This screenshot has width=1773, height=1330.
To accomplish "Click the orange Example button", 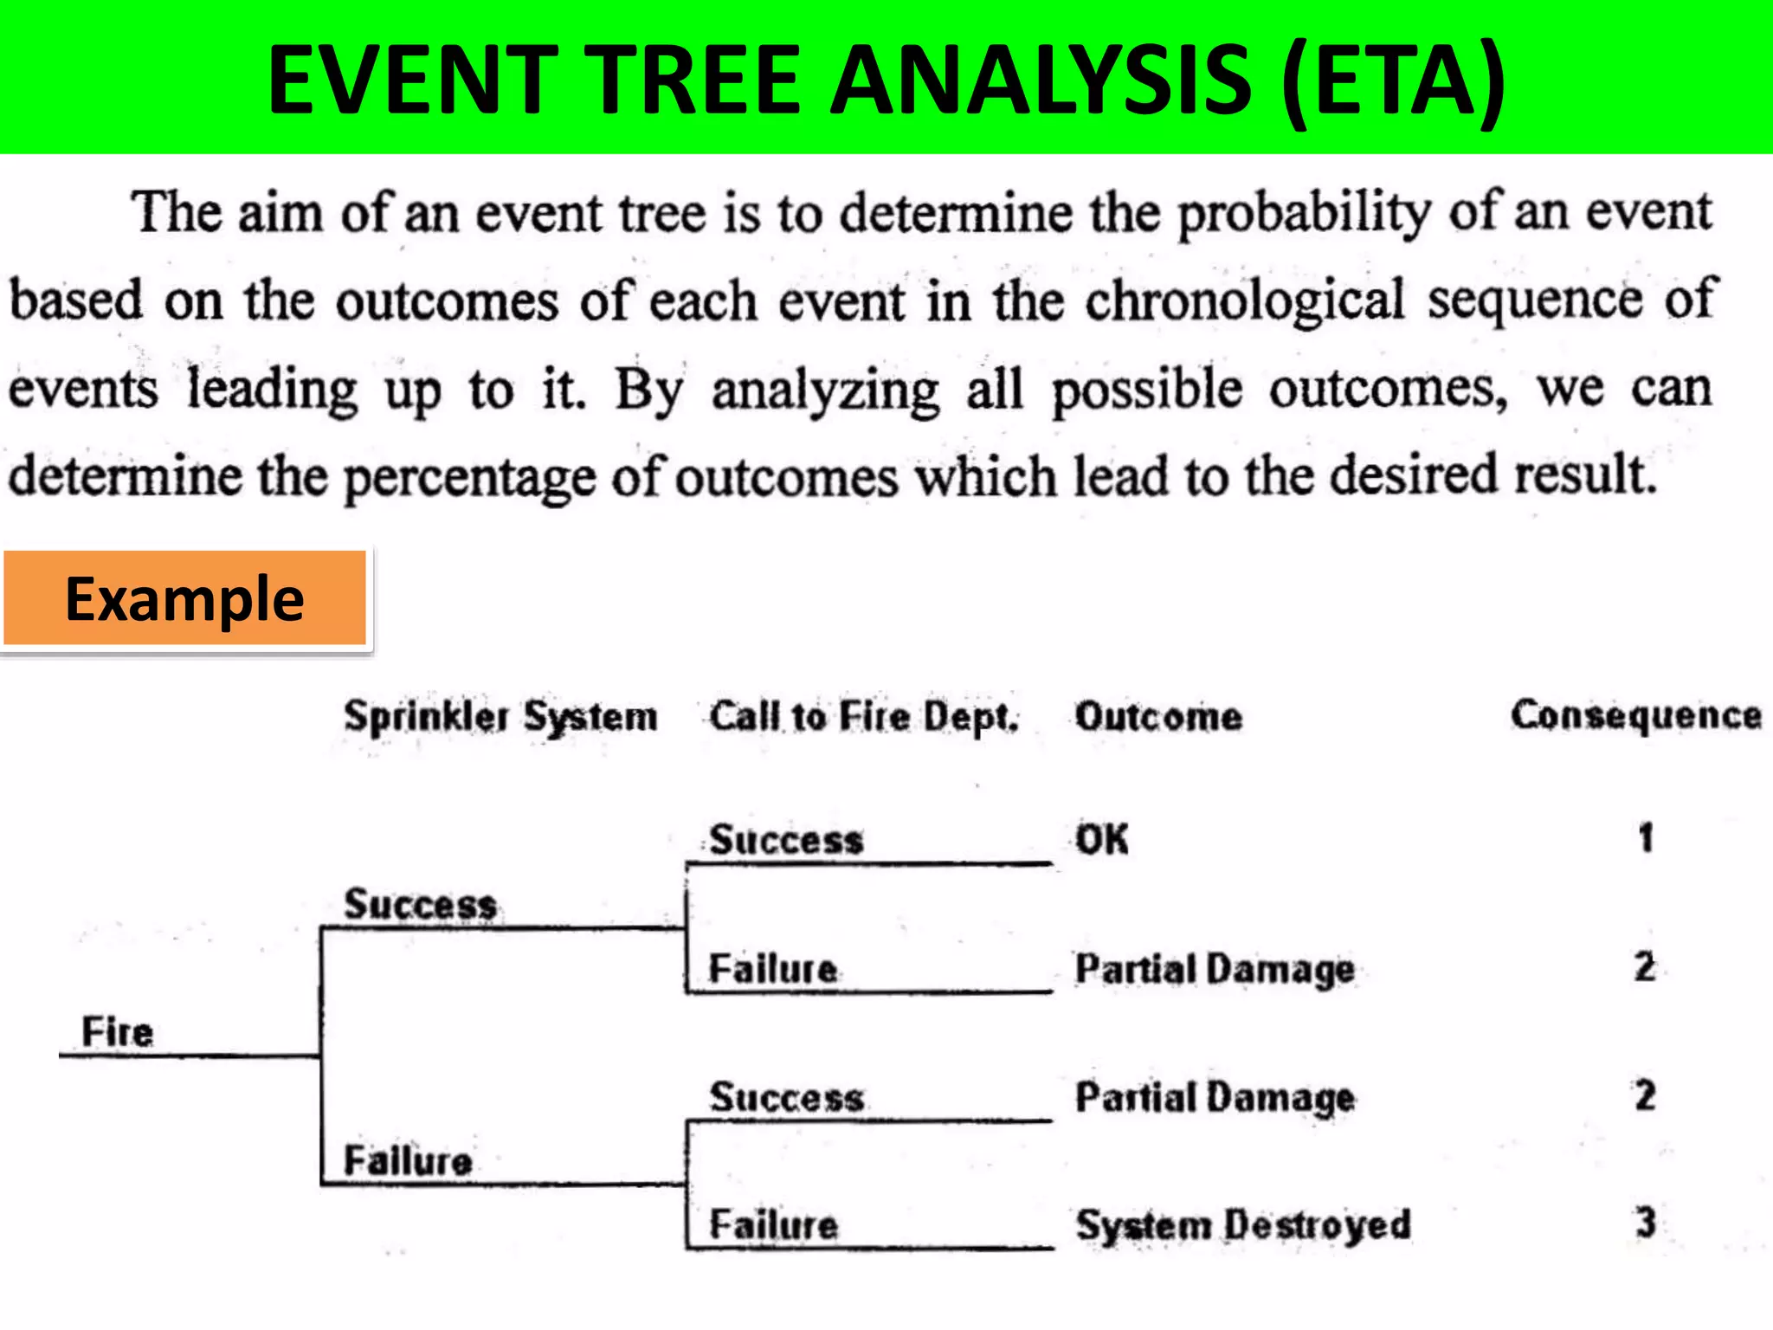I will point(184,598).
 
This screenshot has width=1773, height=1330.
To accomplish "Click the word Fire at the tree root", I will point(117,1031).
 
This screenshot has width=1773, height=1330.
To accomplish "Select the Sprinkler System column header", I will point(500,717).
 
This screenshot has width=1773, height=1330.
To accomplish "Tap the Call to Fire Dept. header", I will point(863,717).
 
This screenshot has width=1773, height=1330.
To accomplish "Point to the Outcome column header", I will point(1158,717).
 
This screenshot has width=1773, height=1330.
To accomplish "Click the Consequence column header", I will point(1635,715).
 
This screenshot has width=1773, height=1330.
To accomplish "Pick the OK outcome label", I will point(1101,839).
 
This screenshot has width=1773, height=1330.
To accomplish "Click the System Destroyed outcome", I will point(1242,1224).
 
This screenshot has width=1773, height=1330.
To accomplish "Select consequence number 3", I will point(1645,1223).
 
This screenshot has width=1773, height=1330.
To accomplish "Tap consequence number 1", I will point(1645,837).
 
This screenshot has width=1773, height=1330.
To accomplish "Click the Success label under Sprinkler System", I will point(420,904).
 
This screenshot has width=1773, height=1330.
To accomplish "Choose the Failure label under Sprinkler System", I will point(408,1160).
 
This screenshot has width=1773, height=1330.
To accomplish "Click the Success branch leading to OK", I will point(786,840).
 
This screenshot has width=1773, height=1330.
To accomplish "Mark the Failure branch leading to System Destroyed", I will point(773,1224).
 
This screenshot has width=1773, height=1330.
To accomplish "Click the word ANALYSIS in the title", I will point(1040,79).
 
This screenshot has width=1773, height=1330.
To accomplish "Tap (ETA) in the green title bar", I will point(1394,79).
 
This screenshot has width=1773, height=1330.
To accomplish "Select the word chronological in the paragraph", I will point(1244,300).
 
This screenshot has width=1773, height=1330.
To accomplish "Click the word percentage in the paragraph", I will point(469,477).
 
